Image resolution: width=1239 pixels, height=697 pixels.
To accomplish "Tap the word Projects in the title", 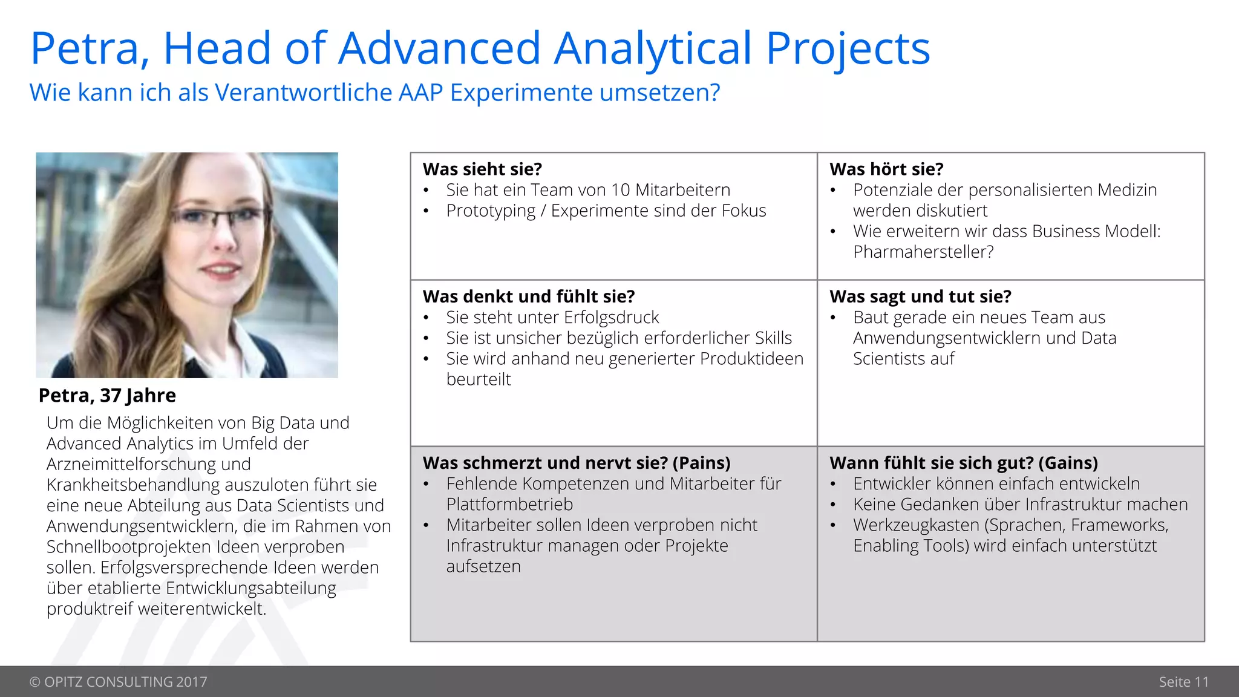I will (848, 48).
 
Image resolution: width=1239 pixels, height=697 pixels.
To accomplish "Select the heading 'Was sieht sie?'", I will (482, 169).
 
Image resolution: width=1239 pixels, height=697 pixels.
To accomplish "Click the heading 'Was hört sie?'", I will (886, 169).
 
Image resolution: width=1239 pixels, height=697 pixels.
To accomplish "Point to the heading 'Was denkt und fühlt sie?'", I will (529, 296).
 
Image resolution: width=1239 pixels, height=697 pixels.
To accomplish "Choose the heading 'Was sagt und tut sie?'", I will (920, 296).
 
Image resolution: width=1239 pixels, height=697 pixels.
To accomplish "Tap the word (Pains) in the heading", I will (701, 463).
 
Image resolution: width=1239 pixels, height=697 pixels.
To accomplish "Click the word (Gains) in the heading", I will (1068, 463).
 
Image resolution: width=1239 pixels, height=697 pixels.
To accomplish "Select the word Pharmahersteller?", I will (923, 252).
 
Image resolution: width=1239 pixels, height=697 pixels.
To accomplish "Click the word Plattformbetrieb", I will (509, 504).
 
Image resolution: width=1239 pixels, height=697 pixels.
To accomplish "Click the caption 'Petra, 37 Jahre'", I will (107, 395).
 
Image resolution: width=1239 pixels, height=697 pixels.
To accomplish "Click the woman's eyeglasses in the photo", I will (218, 218).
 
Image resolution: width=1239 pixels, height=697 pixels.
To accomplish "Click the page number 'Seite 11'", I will (1183, 682).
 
